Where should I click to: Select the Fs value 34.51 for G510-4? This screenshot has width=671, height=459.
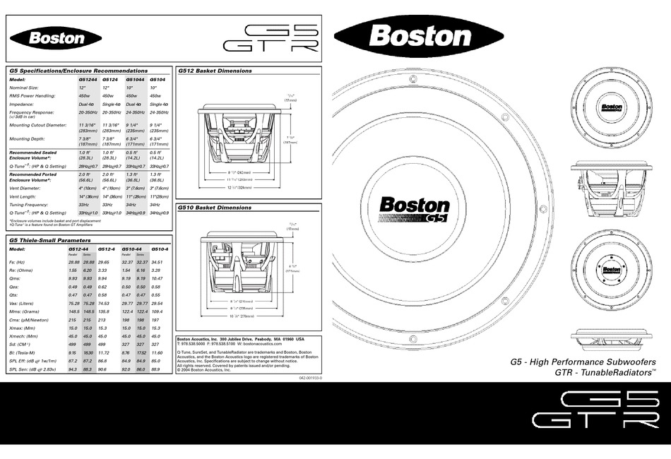(160, 262)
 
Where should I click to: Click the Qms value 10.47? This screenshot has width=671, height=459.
(160, 278)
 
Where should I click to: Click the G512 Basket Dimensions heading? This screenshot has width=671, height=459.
(215, 71)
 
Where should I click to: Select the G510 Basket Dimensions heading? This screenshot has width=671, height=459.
(215, 208)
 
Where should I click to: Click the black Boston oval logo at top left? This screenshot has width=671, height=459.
(56, 38)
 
